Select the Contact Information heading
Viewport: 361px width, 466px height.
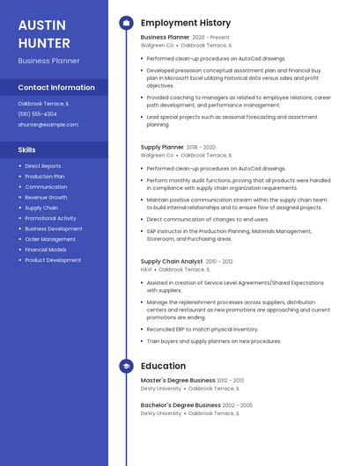click(56, 87)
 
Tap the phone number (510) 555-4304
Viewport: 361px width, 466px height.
click(37, 114)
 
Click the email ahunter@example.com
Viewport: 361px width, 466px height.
click(48, 125)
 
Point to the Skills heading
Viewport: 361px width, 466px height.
click(26, 149)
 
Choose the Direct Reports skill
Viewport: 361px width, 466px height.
click(43, 165)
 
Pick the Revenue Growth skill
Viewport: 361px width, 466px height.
click(46, 197)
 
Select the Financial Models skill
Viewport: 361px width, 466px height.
click(46, 250)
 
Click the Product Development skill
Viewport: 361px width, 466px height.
click(53, 260)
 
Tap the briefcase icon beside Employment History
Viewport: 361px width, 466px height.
click(126, 23)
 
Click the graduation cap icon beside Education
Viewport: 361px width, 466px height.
click(126, 366)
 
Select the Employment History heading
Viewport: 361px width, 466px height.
click(186, 23)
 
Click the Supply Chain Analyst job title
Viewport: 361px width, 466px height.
click(172, 261)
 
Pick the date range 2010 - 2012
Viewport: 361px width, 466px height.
click(220, 261)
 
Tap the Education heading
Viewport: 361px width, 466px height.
click(163, 366)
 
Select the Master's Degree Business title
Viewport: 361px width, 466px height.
click(178, 381)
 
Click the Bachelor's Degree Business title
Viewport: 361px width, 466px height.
click(180, 405)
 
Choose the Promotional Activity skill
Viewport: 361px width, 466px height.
click(50, 218)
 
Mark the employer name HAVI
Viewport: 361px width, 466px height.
click(146, 270)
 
